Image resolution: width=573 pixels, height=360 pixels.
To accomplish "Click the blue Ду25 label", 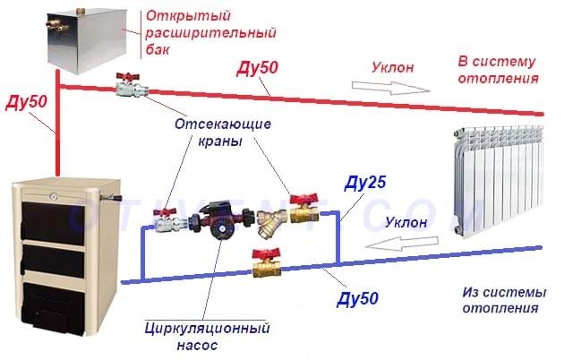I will pyautogui.click(x=365, y=185).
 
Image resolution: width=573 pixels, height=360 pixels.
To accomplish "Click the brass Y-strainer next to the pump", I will pyautogui.click(x=265, y=218).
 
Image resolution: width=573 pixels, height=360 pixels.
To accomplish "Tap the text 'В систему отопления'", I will pyautogui.click(x=498, y=70).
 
